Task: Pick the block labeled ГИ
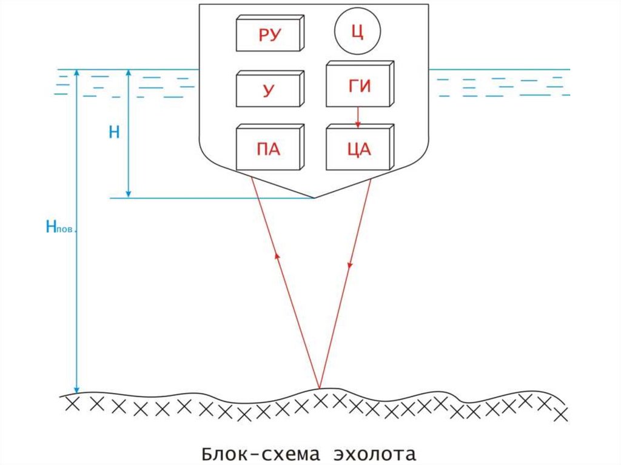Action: [x=359, y=86]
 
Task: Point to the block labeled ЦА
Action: [x=359, y=149]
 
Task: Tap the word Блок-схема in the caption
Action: [x=257, y=453]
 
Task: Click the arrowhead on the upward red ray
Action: [x=277, y=256]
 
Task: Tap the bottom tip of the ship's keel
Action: [x=314, y=198]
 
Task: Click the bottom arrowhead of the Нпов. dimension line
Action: [x=76, y=389]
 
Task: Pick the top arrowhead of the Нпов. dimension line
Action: [x=76, y=73]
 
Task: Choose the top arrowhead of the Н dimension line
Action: [x=128, y=73]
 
